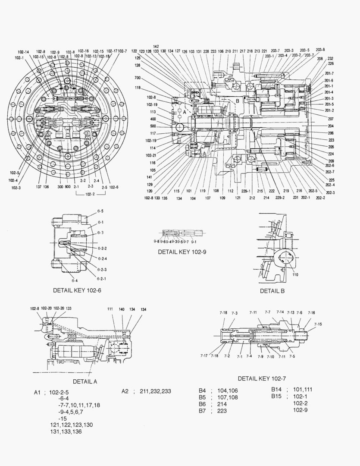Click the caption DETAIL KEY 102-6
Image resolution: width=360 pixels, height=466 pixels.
[77, 290]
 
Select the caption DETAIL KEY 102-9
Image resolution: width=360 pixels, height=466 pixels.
[182, 252]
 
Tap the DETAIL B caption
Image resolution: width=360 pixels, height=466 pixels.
[272, 291]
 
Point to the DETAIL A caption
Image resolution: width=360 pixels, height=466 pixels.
[85, 381]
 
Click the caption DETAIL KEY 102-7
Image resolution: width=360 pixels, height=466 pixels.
[262, 378]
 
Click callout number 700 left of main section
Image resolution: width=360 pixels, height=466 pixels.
[138, 78]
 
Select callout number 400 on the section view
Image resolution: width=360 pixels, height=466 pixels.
[153, 119]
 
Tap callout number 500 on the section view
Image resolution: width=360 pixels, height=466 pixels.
[153, 126]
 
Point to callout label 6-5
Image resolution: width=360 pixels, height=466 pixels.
[100, 211]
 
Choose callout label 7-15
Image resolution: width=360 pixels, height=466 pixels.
[318, 324]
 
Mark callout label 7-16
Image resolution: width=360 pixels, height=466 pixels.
[311, 313]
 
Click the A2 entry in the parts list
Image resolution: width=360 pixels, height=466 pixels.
[125, 391]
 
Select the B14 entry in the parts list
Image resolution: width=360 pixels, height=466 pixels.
[276, 390]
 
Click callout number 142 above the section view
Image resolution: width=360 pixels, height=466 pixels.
[156, 46]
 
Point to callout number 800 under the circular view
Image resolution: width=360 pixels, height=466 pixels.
[68, 187]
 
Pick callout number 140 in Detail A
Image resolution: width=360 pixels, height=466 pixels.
[122, 309]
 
